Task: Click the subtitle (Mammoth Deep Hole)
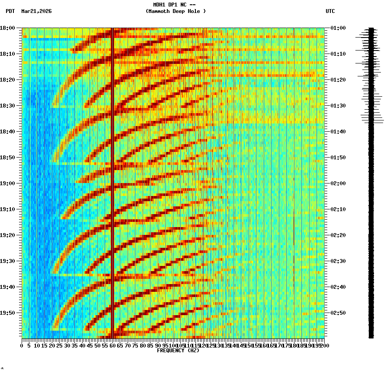tap(176, 11)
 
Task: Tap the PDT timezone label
tap(10, 11)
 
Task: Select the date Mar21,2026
tap(36, 11)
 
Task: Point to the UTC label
tap(330, 11)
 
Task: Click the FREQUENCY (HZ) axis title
tap(178, 351)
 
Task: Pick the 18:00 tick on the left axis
tap(8, 28)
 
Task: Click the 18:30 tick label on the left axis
tap(8, 106)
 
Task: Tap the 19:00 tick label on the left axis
tap(8, 183)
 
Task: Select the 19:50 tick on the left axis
tap(8, 313)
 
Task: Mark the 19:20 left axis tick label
tap(8, 235)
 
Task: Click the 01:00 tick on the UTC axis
tap(338, 28)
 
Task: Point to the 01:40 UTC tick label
tap(338, 132)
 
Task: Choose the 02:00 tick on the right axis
tap(338, 183)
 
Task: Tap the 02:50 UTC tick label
tap(338, 313)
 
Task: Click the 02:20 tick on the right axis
tap(338, 235)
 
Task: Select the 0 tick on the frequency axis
tap(22, 345)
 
